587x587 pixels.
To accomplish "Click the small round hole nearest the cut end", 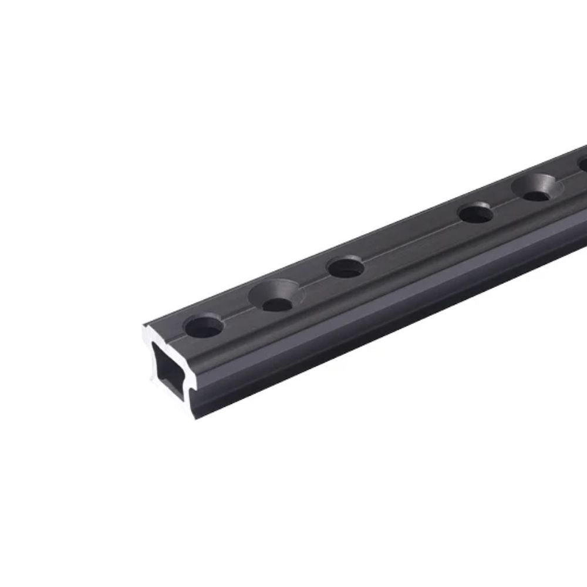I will [x=203, y=326].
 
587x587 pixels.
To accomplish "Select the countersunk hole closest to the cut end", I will [x=276, y=295].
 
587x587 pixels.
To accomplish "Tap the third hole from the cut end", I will [x=346, y=268].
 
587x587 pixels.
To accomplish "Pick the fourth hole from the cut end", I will [x=475, y=212].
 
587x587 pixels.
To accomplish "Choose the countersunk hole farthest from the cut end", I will [x=537, y=187].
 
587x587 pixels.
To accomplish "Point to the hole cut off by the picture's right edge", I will [x=582, y=164].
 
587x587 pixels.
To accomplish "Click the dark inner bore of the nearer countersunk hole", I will [x=277, y=304].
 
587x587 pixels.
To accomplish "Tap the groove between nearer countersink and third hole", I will [x=314, y=279].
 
